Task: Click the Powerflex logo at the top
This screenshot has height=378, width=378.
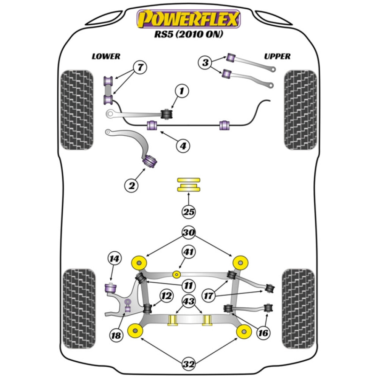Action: tap(189, 19)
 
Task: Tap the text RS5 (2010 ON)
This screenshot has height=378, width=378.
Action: tap(189, 34)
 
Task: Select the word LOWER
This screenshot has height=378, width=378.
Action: tap(106, 56)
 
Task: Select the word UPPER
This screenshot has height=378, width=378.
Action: tap(277, 56)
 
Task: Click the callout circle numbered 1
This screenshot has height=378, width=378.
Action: tap(181, 91)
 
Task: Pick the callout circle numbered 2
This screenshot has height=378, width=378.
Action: tap(132, 185)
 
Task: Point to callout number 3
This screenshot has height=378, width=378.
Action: tap(205, 62)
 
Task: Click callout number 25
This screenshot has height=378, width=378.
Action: tap(189, 212)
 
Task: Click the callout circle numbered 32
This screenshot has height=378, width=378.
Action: tap(189, 364)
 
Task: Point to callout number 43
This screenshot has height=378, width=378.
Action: tap(189, 301)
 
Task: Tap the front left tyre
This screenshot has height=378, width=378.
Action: tap(77, 110)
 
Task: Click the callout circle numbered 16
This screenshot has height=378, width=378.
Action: tap(263, 333)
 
